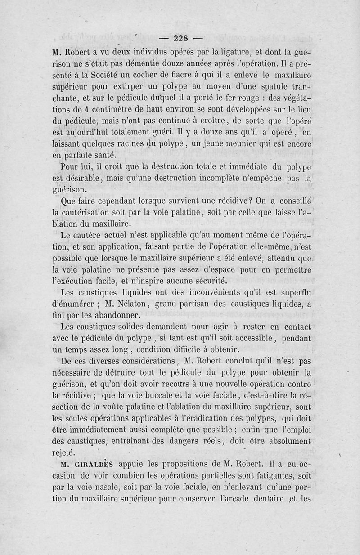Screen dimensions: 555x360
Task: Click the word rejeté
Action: (x=67, y=452)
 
